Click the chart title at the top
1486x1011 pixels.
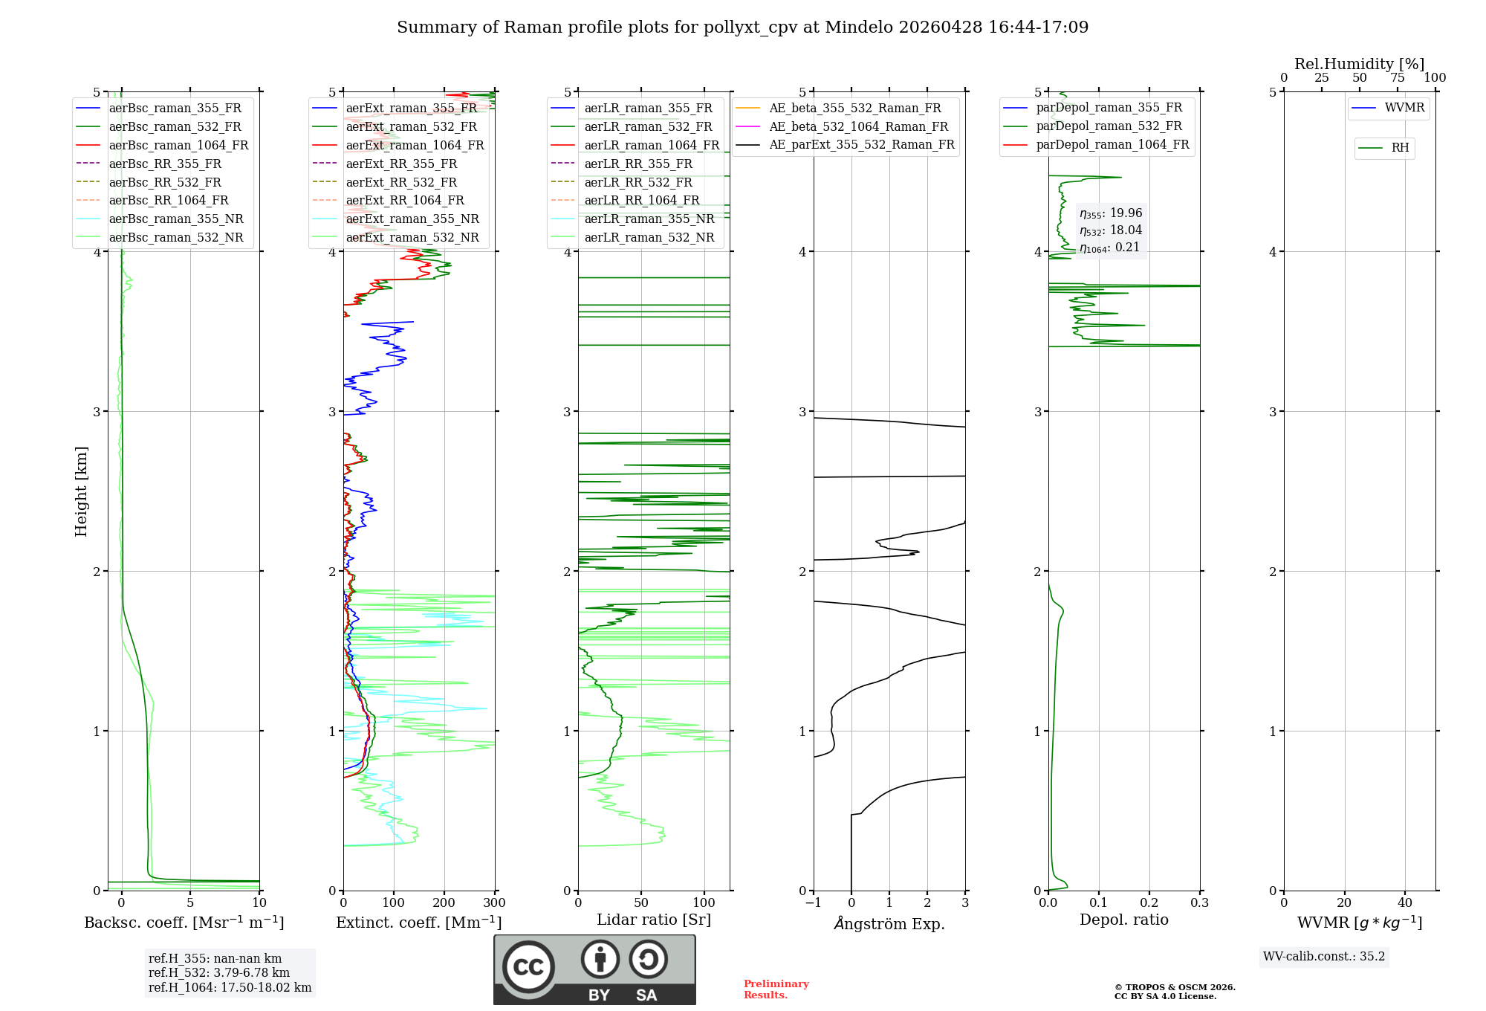(742, 28)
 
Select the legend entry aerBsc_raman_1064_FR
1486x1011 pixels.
(178, 145)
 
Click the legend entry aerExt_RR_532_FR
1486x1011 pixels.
(401, 182)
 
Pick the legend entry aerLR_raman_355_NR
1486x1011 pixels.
(649, 219)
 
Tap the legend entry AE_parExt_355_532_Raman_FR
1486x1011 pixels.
(861, 144)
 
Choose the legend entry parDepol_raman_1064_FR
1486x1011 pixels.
(1112, 144)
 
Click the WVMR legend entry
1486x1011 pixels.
(1404, 108)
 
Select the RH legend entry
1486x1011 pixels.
(1400, 148)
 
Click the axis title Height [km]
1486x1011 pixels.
(81, 491)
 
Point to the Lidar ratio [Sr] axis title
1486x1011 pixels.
(653, 920)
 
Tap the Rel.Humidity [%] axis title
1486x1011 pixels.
(1359, 64)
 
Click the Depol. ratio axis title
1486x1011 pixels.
(1123, 920)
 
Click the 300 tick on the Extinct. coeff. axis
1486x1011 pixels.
(495, 903)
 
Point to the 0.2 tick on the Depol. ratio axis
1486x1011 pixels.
(1149, 903)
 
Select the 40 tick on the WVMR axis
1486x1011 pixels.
(1404, 903)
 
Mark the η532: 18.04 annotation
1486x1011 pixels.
(1110, 230)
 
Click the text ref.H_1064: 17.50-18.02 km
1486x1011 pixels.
(230, 987)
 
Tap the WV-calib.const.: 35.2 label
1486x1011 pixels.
(1323, 956)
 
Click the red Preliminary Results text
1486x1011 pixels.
(776, 989)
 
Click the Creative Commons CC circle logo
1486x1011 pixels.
(528, 967)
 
